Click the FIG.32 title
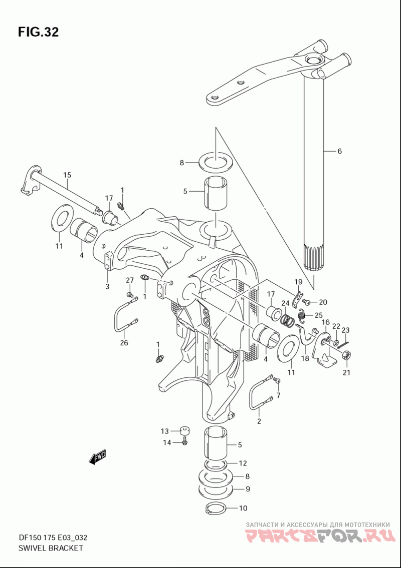point(38,32)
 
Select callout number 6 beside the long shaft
point(339,151)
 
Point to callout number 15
point(67,175)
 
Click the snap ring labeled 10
point(216,508)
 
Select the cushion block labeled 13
point(185,431)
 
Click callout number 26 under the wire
point(124,342)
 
